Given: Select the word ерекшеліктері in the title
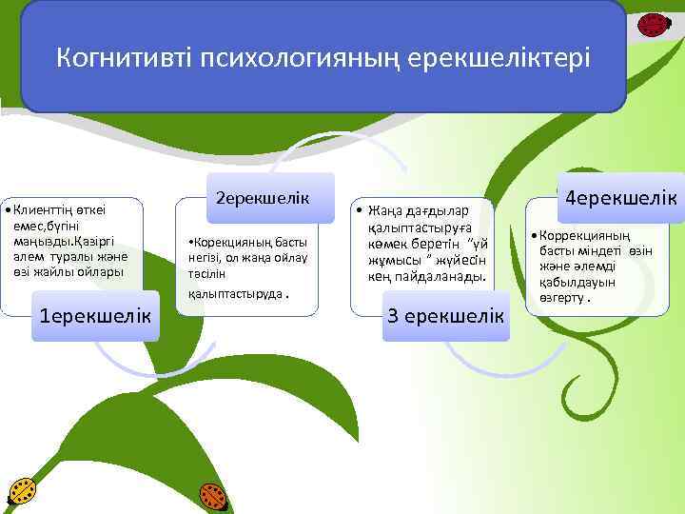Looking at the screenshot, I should (499, 59).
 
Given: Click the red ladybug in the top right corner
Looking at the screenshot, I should (653, 24).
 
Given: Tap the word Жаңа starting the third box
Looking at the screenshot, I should (376, 210).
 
